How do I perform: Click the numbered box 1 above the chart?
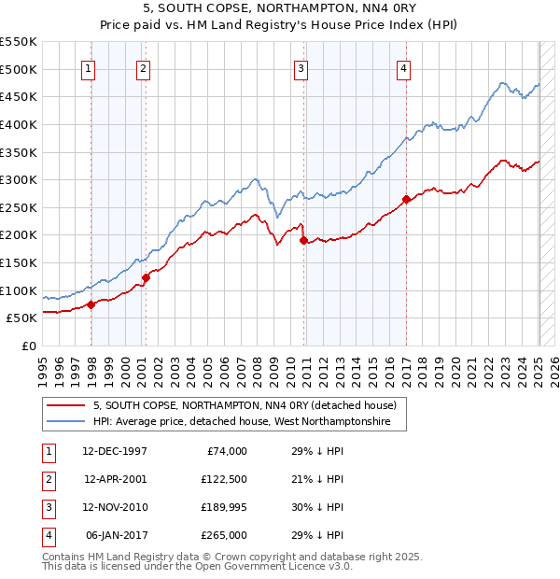tap(88, 67)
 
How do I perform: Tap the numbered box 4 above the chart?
tap(403, 67)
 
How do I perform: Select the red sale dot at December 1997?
tap(91, 304)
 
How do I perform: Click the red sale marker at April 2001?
tap(146, 277)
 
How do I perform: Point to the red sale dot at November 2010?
tap(303, 240)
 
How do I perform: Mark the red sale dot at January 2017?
tap(406, 198)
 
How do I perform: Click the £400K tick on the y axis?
tap(19, 124)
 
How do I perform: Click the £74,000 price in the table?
tap(225, 451)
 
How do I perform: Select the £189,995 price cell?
tap(222, 507)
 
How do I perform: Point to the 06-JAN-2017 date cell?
tap(116, 535)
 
